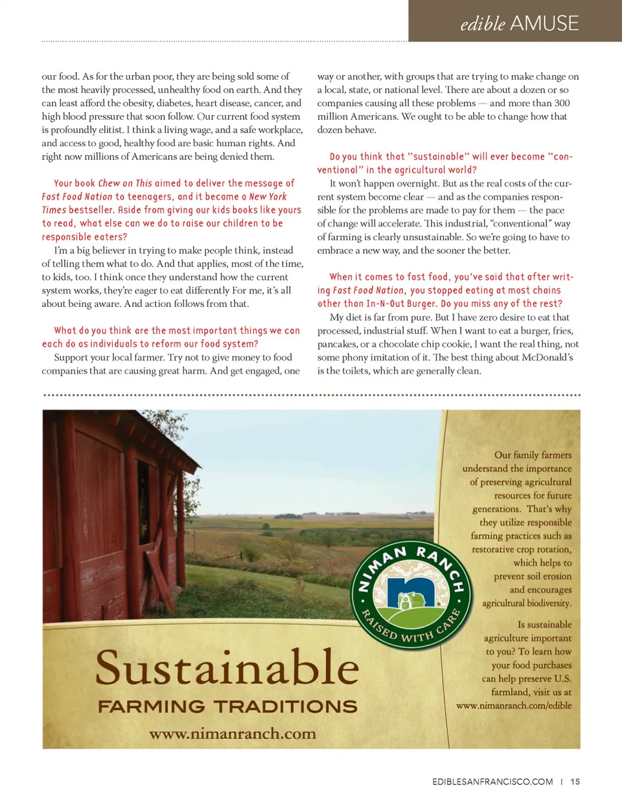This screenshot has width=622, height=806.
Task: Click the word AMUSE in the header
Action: click(544, 23)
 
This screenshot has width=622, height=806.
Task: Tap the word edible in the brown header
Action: click(483, 24)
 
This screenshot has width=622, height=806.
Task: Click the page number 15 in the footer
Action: click(575, 781)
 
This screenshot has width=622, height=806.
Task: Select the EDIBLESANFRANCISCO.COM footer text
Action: click(492, 781)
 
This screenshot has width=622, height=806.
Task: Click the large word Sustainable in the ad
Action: click(227, 668)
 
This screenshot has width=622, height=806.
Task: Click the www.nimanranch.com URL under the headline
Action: click(233, 733)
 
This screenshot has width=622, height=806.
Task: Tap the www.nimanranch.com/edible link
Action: click(514, 706)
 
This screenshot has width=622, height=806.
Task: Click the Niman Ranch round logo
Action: click(411, 595)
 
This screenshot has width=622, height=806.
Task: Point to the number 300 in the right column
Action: click(562, 103)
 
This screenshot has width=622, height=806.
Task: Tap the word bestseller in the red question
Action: click(91, 210)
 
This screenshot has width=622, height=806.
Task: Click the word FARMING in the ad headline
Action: click(151, 706)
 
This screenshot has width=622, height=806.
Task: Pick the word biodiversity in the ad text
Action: click(544, 603)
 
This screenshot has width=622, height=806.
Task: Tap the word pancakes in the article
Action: click(338, 344)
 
